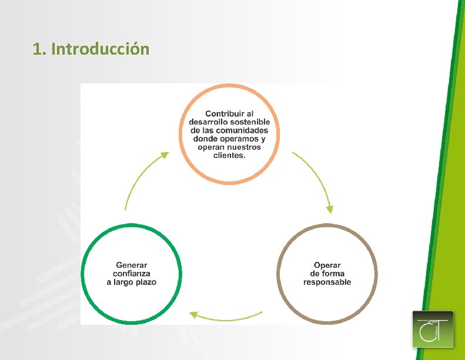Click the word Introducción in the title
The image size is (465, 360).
point(100,49)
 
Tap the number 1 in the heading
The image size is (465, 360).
point(38,49)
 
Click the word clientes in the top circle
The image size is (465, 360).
point(228,156)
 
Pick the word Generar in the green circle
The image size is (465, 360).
point(132,265)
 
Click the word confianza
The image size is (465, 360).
point(132,273)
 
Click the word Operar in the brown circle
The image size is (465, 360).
point(327,265)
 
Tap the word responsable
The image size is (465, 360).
point(327,282)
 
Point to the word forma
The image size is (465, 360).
point(333,273)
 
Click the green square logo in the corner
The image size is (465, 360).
point(433,329)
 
